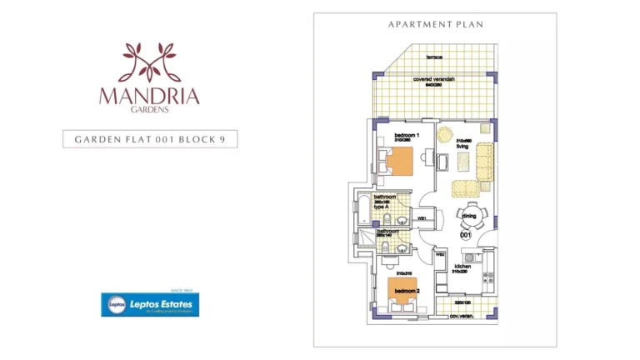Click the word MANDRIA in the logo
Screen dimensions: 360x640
pos(150,95)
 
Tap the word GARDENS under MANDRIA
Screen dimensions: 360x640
pos(150,109)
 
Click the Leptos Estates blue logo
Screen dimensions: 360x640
pos(150,305)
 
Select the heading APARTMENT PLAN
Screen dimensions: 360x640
pos(436,25)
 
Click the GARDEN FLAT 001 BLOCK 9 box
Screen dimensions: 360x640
pos(150,139)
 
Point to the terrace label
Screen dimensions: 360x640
pos(434,57)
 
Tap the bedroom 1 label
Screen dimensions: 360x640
pos(406,135)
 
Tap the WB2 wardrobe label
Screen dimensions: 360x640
pos(439,255)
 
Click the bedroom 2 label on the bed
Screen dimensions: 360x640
pos(407,291)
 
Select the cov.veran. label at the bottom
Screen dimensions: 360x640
pos(461,316)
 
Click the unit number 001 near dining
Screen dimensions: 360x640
pos(466,236)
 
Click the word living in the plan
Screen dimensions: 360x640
pos(463,146)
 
